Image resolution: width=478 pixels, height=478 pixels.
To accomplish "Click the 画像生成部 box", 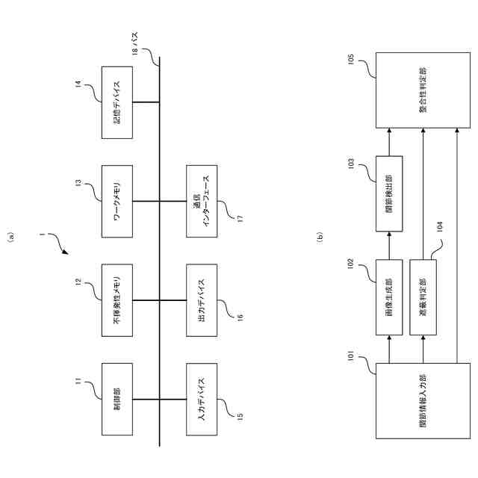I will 388,298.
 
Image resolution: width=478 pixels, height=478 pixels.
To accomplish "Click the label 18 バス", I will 135,49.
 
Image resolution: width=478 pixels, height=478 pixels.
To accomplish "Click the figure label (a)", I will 12,239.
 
